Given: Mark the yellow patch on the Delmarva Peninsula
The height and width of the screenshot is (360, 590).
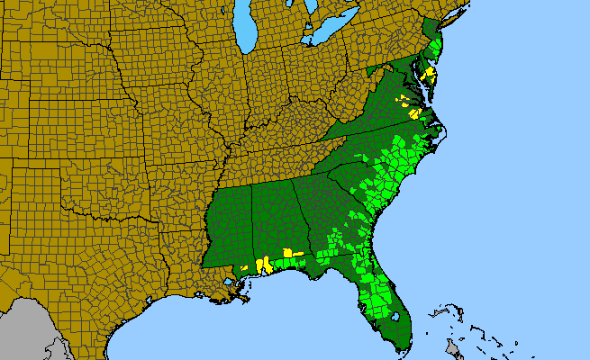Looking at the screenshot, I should point(431,74).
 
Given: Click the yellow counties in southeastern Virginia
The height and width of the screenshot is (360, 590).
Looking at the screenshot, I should point(415,112).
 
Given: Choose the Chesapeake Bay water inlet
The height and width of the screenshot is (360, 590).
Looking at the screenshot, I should point(424,90).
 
